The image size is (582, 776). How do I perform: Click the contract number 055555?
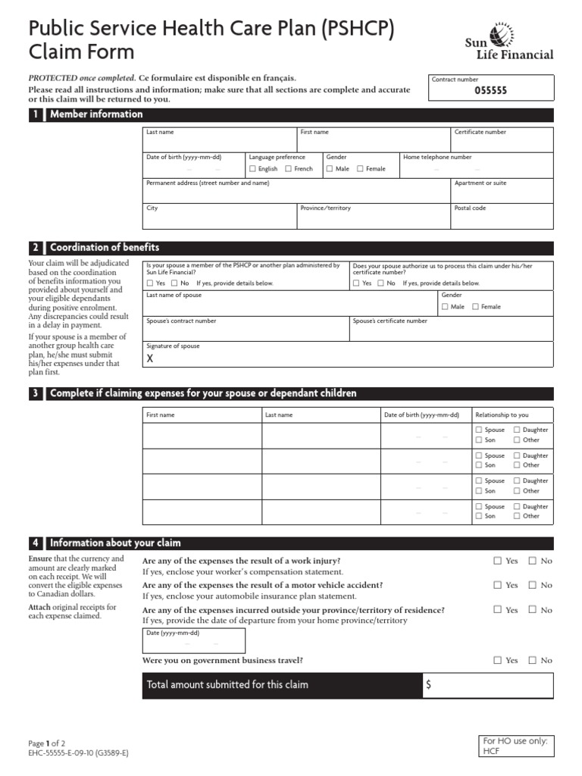pyautogui.click(x=490, y=90)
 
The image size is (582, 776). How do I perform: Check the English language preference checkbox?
pyautogui.click(x=253, y=169)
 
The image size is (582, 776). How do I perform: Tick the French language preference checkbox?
pyautogui.click(x=289, y=169)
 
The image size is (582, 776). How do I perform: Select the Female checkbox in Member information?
pyautogui.click(x=361, y=169)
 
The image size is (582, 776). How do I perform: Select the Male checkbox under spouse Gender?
pyautogui.click(x=446, y=307)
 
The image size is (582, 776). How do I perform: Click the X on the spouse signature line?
pyautogui.click(x=150, y=358)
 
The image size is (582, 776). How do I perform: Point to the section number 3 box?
pyautogui.click(x=35, y=393)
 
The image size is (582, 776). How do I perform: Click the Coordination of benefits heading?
pyautogui.click(x=105, y=248)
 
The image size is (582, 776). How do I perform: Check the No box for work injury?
pyautogui.click(x=533, y=561)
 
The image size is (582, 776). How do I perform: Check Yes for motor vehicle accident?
pyautogui.click(x=498, y=585)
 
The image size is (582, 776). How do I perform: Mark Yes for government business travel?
pyautogui.click(x=498, y=660)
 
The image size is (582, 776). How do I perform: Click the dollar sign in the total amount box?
pyautogui.click(x=430, y=685)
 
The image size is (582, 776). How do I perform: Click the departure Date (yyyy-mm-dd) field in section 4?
pyautogui.click(x=193, y=644)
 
